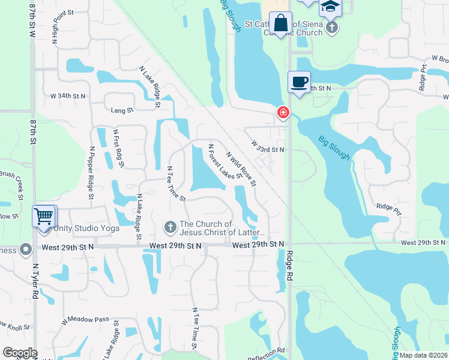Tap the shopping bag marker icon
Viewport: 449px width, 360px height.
(x=280, y=23)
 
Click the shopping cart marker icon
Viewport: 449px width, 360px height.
(x=44, y=216)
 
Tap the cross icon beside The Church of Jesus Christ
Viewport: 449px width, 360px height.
(x=170, y=227)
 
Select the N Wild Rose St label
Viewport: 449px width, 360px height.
(x=241, y=167)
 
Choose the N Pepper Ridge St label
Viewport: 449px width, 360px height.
(x=92, y=172)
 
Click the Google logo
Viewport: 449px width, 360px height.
(x=20, y=353)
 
